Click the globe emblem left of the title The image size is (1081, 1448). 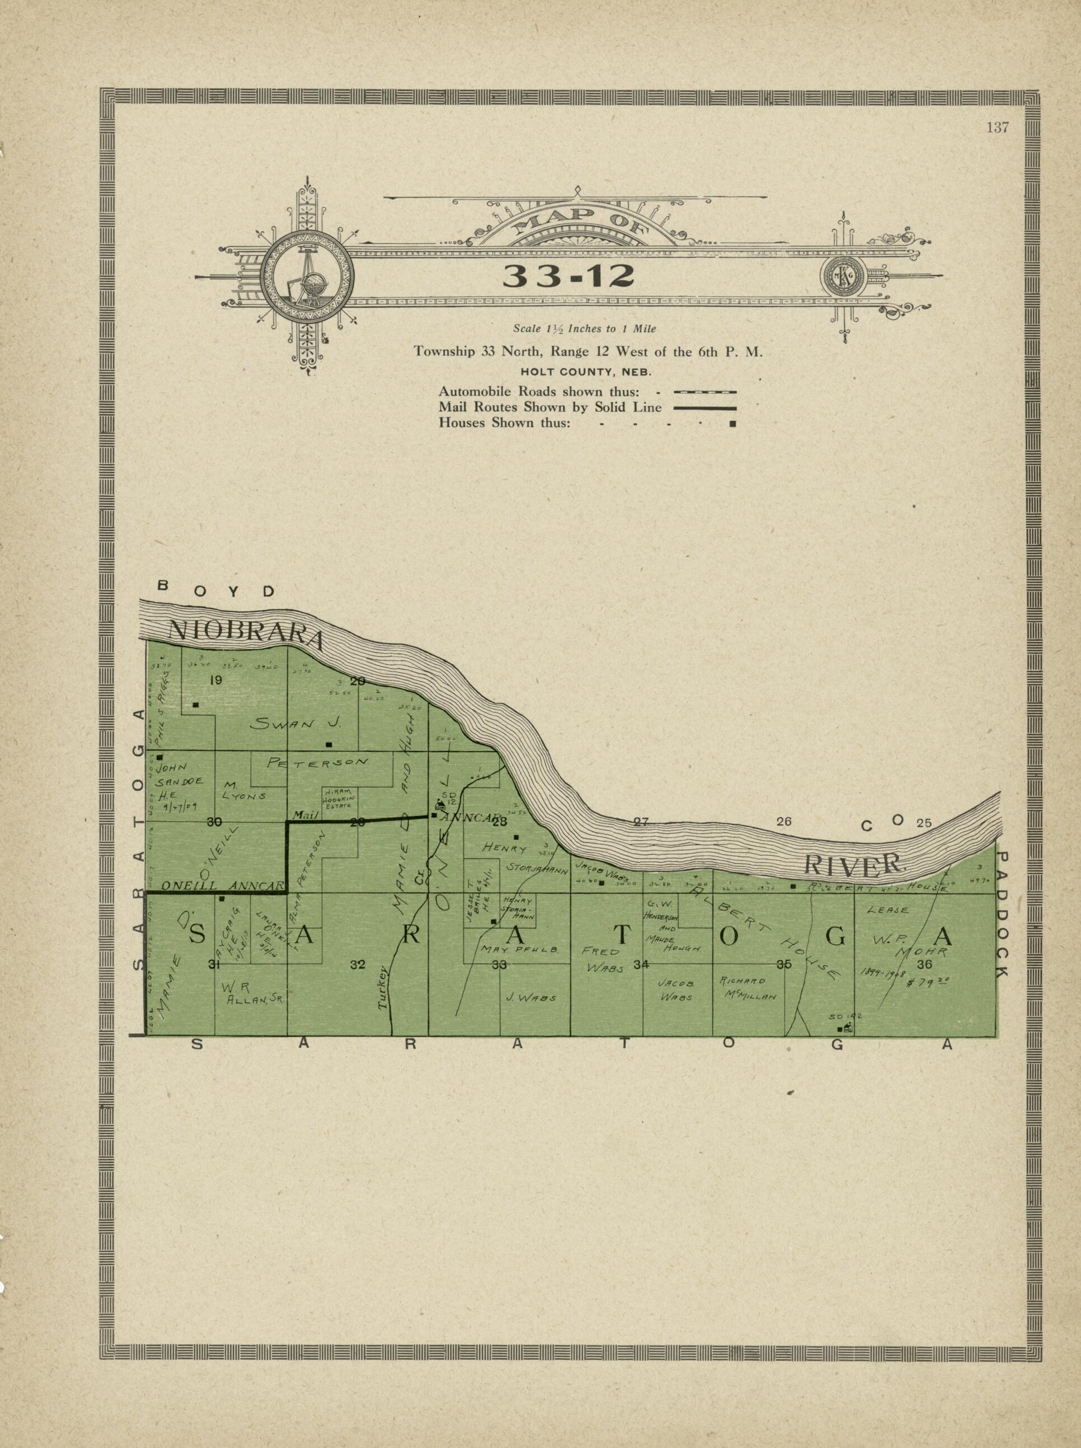click(x=306, y=275)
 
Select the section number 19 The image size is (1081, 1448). click(x=215, y=680)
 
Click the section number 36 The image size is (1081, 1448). click(x=924, y=964)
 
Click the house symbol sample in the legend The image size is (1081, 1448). click(x=733, y=424)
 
